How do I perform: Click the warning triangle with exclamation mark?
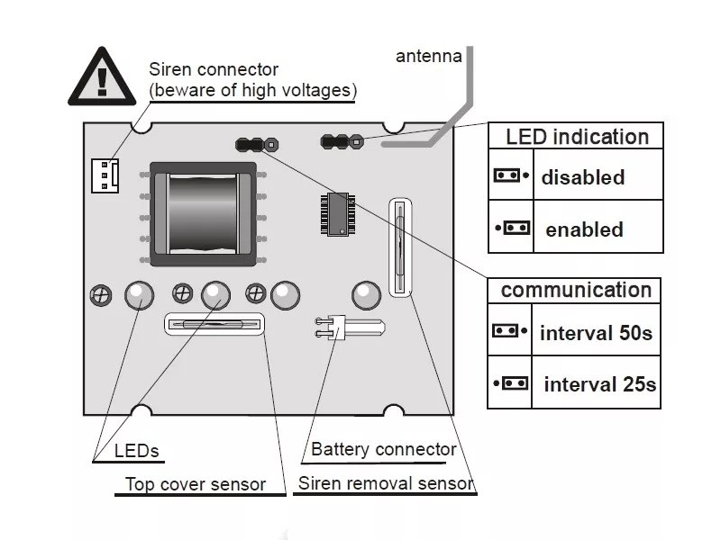click(101, 77)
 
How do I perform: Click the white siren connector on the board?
click(105, 175)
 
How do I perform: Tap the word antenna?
click(429, 57)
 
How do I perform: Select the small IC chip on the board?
click(335, 216)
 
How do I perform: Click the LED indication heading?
click(577, 137)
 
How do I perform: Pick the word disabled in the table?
click(582, 177)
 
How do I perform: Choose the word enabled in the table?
click(584, 229)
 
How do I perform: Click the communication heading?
click(576, 290)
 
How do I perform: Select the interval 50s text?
click(596, 334)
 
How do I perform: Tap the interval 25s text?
click(600, 384)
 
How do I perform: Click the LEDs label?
click(138, 450)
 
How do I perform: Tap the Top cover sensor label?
click(195, 484)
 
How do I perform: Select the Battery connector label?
click(383, 449)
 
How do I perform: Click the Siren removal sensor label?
click(385, 483)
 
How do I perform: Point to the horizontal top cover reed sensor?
click(214, 324)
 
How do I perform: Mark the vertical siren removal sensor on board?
click(401, 245)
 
